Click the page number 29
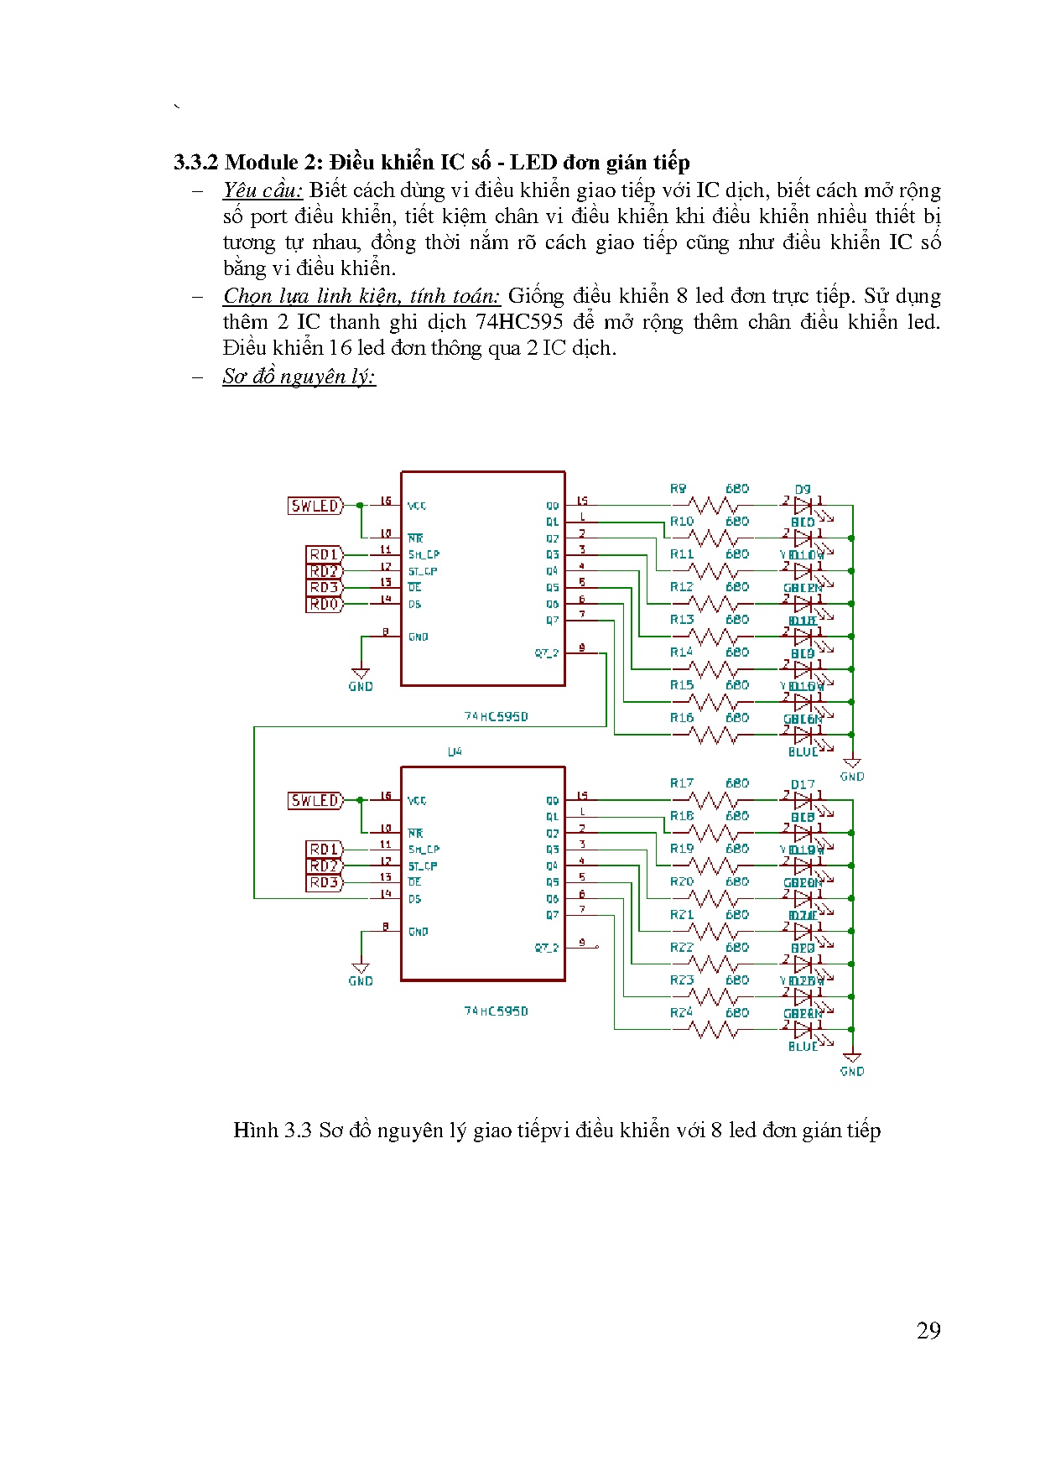pyautogui.click(x=928, y=1331)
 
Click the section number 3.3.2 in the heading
pyautogui.click(x=196, y=162)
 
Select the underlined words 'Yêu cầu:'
pyautogui.click(x=263, y=190)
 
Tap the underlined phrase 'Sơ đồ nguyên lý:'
pyautogui.click(x=299, y=377)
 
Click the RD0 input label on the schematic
pyautogui.click(x=324, y=604)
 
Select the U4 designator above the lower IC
pyautogui.click(x=454, y=751)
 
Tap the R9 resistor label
pyautogui.click(x=679, y=488)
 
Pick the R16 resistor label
pyautogui.click(x=682, y=718)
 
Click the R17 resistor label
pyautogui.click(x=682, y=783)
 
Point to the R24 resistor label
pyautogui.click(x=682, y=1013)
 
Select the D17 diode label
pyautogui.click(x=803, y=785)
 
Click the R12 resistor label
pyautogui.click(x=682, y=587)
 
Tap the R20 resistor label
pyautogui.click(x=682, y=881)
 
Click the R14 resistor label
pyautogui.click(x=682, y=652)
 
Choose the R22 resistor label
pyautogui.click(x=682, y=948)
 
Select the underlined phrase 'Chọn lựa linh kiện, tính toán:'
pyautogui.click(x=361, y=296)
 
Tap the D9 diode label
pyautogui.click(x=803, y=490)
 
